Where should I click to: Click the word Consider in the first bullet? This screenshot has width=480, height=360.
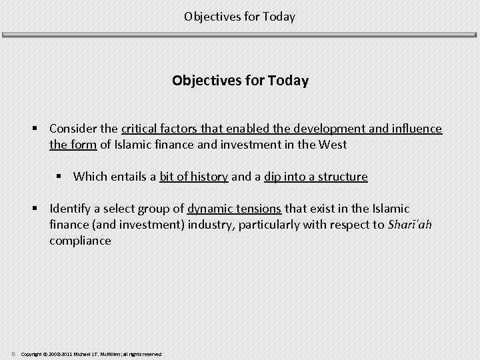click(x=73, y=129)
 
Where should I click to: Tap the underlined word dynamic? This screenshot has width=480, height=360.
click(x=210, y=209)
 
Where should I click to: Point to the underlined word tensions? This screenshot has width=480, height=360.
click(x=258, y=209)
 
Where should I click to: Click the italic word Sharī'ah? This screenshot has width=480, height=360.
click(x=409, y=225)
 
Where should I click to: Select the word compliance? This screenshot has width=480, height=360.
click(x=80, y=241)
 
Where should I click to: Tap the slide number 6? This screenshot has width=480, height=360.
click(x=13, y=353)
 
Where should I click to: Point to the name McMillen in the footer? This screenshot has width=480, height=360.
click(x=109, y=354)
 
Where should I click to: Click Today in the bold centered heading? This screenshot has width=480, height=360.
click(x=289, y=81)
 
